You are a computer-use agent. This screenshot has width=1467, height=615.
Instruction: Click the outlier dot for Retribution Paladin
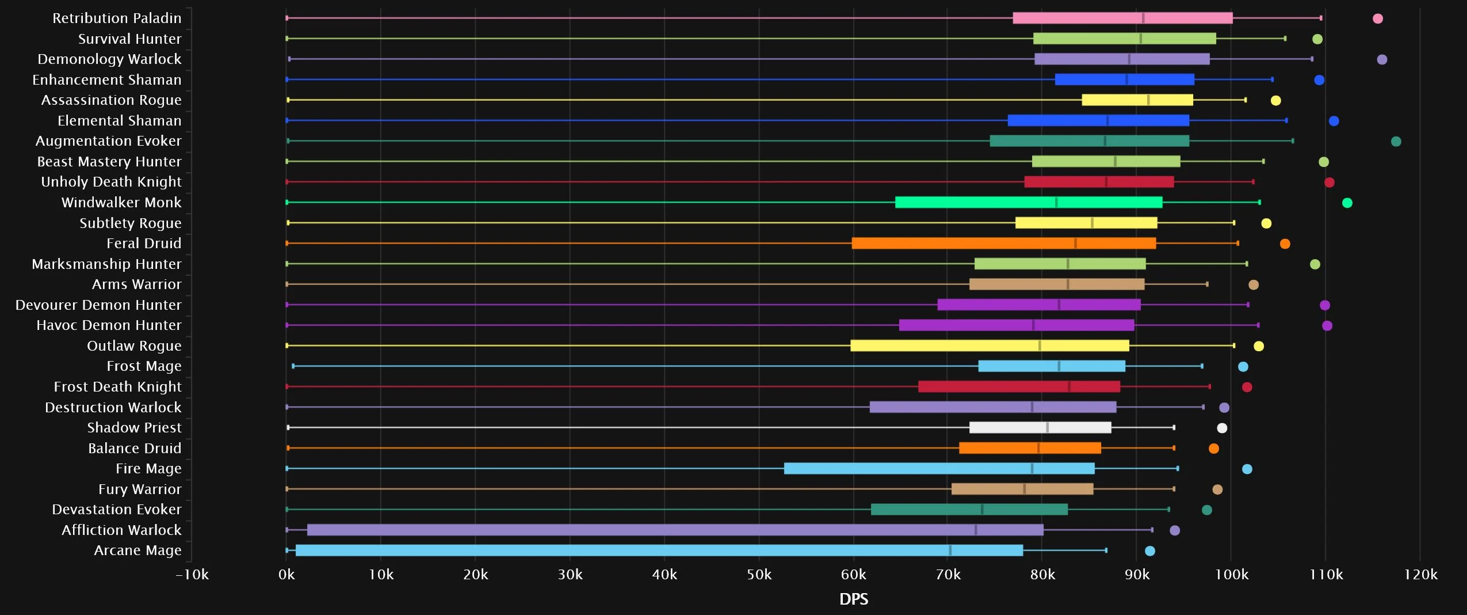coord(1377,18)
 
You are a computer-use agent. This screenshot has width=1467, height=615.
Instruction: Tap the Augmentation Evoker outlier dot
coord(1396,141)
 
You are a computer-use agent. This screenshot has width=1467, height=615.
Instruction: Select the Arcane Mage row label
coord(137,551)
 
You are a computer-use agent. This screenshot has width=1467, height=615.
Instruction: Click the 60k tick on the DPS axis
coord(853,575)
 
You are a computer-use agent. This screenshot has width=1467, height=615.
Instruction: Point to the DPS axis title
coord(853,599)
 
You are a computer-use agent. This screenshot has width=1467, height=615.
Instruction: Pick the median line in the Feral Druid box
coord(1075,244)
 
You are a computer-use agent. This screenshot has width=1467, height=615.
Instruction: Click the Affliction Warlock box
coord(675,530)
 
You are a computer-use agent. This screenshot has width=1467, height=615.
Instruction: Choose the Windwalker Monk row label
coord(121,203)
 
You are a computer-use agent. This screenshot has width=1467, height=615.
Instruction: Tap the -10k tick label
coord(192,575)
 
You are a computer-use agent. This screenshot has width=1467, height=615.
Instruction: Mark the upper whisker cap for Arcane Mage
coord(1106,551)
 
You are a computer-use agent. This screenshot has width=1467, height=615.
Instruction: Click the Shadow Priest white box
coord(1040,428)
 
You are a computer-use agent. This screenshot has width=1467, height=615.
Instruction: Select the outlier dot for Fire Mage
coord(1247,469)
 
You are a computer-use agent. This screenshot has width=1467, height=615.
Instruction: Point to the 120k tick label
coord(1420,575)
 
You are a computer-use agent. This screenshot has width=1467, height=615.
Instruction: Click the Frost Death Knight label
coord(117,387)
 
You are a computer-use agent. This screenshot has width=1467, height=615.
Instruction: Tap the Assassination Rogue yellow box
coord(1137,100)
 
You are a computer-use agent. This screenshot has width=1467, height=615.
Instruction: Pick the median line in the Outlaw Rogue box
coord(1039,346)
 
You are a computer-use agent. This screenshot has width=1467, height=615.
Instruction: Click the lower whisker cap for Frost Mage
coord(293,366)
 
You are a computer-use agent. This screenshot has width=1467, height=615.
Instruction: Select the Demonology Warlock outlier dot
coord(1382,59)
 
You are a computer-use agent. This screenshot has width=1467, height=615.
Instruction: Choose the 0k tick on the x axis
coord(286,575)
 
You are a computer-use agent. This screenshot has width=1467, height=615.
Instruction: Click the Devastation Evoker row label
coord(117,510)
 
